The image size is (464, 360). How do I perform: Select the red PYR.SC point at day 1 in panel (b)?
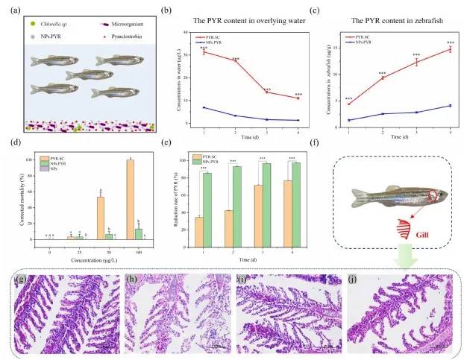[204, 52]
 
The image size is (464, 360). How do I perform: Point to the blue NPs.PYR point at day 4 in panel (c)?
[450, 105]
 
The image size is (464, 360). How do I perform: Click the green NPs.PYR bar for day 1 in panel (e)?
[207, 209]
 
